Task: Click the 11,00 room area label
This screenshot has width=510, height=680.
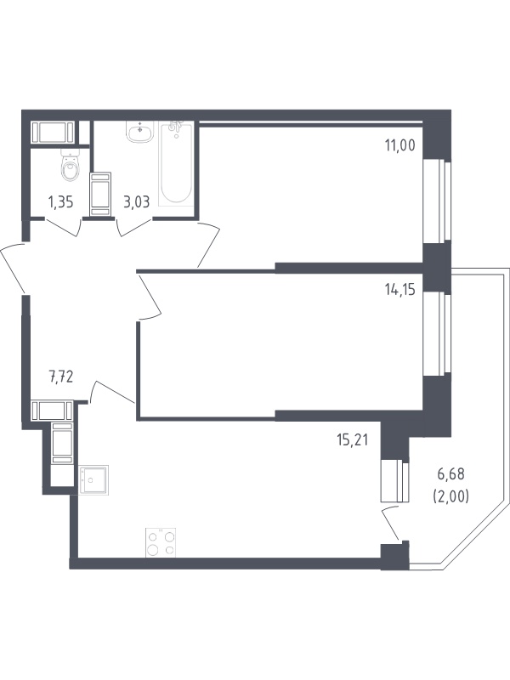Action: [399, 145]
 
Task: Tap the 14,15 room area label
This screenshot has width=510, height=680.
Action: [399, 290]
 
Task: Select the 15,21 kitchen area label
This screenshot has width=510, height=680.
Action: [352, 440]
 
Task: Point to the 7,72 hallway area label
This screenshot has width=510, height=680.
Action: [60, 377]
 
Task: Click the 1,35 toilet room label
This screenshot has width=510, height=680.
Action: [60, 202]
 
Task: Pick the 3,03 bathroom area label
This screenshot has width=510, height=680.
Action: [137, 202]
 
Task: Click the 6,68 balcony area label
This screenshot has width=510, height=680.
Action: [450, 474]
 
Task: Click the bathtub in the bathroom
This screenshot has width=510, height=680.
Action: [175, 164]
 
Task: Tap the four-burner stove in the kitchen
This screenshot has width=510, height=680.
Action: [161, 542]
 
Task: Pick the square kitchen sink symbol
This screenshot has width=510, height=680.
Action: [93, 480]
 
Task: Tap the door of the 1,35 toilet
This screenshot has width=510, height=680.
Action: [63, 228]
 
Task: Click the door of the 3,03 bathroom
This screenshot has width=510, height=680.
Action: [135, 228]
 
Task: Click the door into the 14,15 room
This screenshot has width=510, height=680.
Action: [150, 297]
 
